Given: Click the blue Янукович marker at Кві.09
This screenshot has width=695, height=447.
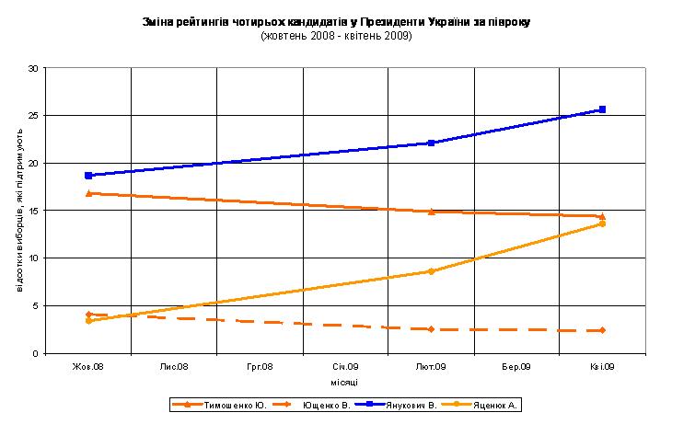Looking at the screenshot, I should tap(602, 109).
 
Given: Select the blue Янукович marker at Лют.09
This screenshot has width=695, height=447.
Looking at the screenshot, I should tap(431, 143).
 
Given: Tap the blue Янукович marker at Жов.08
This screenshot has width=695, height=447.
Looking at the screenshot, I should tap(88, 175).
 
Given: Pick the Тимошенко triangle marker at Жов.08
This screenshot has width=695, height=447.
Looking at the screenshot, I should tap(88, 193).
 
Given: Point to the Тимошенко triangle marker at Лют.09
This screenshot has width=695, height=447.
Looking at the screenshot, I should tap(431, 212).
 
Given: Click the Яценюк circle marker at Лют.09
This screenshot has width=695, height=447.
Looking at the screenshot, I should tap(431, 271).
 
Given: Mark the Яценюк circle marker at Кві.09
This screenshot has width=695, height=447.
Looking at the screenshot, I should tap(602, 223).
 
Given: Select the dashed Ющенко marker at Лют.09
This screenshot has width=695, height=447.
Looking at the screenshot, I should tap(431, 328).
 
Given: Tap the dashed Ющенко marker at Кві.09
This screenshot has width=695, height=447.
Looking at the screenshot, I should tap(602, 330).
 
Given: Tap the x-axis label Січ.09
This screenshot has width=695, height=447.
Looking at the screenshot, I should tap(345, 366).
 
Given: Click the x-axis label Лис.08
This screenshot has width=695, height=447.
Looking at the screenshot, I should tap(174, 366).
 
